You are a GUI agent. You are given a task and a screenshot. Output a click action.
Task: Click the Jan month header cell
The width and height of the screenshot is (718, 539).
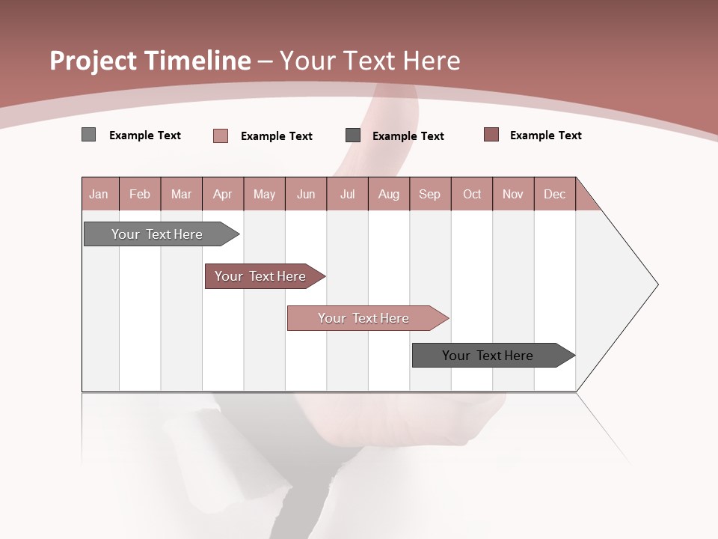coord(99,194)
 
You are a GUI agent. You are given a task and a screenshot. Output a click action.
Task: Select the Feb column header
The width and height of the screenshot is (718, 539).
coord(140,194)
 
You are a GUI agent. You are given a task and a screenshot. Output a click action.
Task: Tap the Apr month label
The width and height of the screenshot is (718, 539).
coord(223,194)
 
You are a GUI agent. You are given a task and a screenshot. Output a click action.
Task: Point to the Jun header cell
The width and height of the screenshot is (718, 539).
coord(306,194)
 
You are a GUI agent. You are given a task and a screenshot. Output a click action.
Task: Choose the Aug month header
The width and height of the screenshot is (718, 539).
coord(389,194)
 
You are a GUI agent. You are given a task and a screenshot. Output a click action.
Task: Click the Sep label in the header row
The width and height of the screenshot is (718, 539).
coord(430,194)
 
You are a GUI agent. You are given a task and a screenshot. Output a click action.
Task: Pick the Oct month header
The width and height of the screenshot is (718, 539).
coord(472,194)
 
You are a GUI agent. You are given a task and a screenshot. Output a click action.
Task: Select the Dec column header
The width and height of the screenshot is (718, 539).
coord(555,194)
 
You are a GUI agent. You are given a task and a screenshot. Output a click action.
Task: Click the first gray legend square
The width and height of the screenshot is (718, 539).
coord(89,135)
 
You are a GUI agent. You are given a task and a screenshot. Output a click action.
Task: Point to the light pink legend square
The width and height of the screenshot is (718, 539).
coord(221,135)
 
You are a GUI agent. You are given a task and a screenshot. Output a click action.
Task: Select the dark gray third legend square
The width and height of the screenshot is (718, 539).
coord(353,135)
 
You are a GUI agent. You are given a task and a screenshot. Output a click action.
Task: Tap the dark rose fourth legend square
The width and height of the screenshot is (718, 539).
coord(491,135)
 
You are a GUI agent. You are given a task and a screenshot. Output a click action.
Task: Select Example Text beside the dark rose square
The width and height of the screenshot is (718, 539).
coord(545,135)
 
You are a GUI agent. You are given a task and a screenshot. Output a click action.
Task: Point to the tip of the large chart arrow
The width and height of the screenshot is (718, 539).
coord(657,284)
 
